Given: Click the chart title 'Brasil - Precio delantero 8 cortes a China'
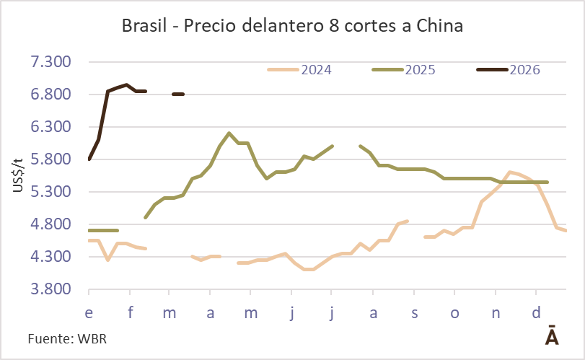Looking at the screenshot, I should point(292,27).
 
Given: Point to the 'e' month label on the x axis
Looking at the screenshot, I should point(89,314).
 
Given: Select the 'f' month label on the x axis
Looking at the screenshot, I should point(130,314).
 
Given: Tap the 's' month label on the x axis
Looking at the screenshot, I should point(414,314).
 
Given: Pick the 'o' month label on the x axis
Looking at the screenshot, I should point(454,314).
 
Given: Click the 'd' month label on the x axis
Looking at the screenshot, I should point(535,314).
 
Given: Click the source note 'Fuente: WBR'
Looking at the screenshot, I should point(61,338).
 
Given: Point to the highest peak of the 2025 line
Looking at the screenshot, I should point(229,133).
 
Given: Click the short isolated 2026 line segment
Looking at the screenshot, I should point(178,94).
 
